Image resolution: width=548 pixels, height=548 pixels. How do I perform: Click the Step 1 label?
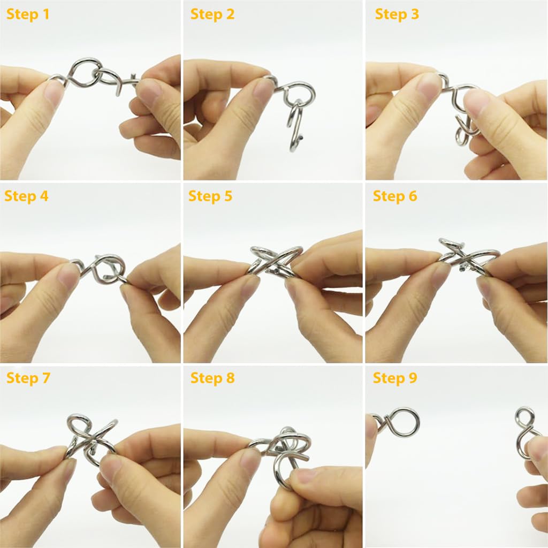coord(28,14)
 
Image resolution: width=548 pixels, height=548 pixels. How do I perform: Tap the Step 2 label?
coord(212,14)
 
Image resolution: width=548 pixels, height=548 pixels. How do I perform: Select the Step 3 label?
coord(397,14)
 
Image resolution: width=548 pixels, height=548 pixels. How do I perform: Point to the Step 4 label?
coord(27,196)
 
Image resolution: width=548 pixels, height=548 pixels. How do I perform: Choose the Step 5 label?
coord(210,196)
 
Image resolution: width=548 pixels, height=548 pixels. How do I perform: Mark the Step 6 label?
coord(395,196)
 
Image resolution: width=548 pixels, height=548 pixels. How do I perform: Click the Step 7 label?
coord(28,378)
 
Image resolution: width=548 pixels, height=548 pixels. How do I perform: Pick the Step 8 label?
coord(212,378)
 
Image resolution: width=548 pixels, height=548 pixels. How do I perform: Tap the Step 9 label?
coord(395,378)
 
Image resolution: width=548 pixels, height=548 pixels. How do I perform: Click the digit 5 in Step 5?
coord(229,196)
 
